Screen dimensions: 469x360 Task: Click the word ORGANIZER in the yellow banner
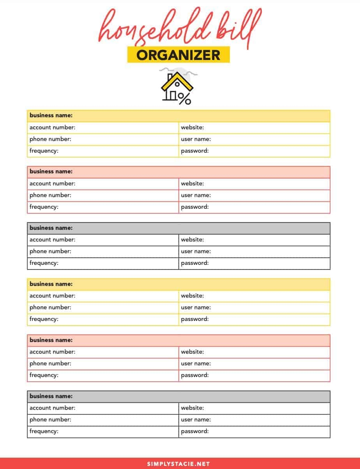point(178,55)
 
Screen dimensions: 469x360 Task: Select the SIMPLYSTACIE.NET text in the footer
point(178,464)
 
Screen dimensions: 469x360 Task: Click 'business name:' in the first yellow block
point(51,116)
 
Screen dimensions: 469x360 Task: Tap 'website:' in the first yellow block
point(192,127)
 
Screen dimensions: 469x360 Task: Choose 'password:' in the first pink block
point(194,207)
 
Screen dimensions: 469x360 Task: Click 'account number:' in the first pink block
point(52,183)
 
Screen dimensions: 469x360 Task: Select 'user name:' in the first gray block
point(196,251)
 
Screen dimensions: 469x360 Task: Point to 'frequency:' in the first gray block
point(44,263)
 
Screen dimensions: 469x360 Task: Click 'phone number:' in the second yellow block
point(50,307)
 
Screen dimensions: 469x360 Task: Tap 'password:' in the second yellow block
point(194,319)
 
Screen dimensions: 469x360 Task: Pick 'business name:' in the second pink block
point(51,340)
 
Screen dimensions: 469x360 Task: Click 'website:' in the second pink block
point(192,352)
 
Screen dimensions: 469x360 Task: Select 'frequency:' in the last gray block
point(44,431)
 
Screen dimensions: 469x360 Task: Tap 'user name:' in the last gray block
point(196,420)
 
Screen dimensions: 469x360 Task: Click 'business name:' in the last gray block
point(51,396)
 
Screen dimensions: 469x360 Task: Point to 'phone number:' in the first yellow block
point(50,139)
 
